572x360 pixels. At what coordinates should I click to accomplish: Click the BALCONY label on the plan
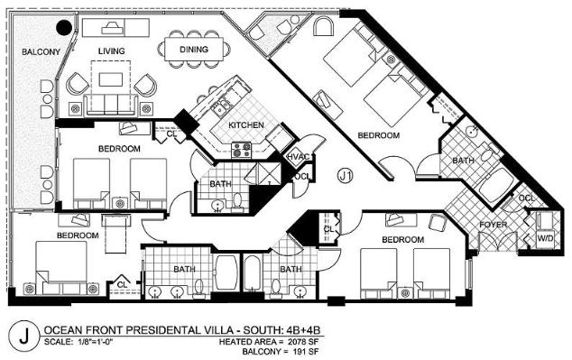click(x=41, y=51)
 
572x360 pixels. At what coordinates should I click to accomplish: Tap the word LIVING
click(x=111, y=51)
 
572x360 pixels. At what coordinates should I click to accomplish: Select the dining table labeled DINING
click(x=194, y=50)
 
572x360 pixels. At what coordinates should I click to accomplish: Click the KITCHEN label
click(x=246, y=125)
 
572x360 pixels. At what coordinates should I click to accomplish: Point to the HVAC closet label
click(x=299, y=157)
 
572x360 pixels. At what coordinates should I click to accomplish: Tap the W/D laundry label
click(x=546, y=238)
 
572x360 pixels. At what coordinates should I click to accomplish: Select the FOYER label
click(x=494, y=225)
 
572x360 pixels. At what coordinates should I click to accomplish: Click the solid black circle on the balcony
click(x=64, y=27)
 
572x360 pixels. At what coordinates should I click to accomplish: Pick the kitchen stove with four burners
click(x=242, y=151)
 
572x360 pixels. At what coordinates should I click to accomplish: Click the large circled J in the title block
click(x=23, y=336)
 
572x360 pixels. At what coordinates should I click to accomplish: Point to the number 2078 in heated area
click(x=298, y=342)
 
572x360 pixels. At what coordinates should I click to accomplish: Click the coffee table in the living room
click(x=111, y=79)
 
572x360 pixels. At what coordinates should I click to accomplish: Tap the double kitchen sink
click(x=222, y=106)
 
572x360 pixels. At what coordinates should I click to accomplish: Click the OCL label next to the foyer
click(x=527, y=198)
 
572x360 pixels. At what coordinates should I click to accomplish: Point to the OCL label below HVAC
click(x=302, y=177)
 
